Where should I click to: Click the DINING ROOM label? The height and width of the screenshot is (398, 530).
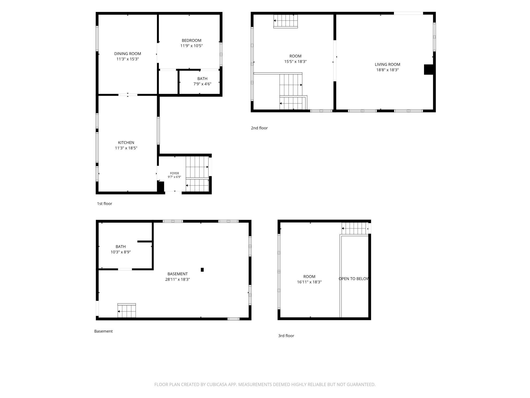tap(128, 54)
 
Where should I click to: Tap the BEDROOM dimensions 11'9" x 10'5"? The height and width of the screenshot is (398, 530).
tap(192, 46)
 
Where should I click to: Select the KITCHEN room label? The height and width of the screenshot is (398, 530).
tap(126, 143)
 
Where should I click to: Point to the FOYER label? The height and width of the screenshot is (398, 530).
tap(175, 173)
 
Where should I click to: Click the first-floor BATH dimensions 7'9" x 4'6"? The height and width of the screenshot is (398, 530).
tap(202, 84)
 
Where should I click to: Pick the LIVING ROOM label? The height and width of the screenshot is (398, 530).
tap(388, 65)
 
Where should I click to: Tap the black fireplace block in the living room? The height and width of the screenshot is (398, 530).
tap(429, 70)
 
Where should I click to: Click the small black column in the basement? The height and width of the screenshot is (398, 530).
tap(202, 270)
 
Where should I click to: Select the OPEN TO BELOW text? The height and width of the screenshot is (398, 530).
tap(354, 279)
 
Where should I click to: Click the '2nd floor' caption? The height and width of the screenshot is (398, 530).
tap(259, 128)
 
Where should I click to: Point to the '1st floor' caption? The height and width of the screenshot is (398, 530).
tap(104, 204)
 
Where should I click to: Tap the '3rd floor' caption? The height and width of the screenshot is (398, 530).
tap(286, 336)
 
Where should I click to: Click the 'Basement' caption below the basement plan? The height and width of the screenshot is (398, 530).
tap(103, 331)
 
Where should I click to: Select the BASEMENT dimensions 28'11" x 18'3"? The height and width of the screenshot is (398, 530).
tap(178, 279)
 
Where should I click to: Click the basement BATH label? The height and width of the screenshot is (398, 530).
tap(121, 246)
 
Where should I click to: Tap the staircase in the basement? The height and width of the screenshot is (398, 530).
tap(127, 310)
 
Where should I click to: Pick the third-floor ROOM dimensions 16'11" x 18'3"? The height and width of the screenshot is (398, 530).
tap(309, 282)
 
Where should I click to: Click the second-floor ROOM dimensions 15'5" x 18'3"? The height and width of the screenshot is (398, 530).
tap(296, 61)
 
